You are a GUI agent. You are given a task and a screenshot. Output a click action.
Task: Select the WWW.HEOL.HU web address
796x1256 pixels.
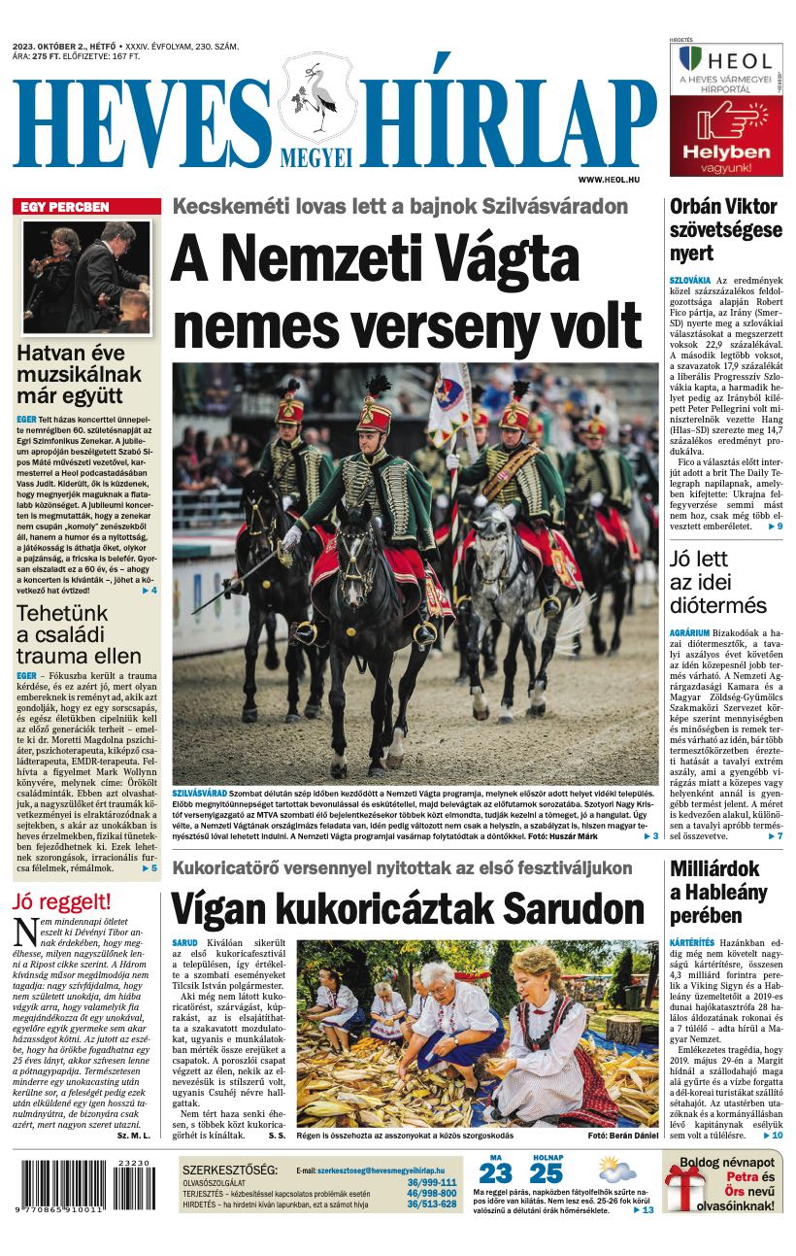[x=615, y=180]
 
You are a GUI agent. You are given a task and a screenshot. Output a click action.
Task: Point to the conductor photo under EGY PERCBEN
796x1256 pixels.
[x=87, y=278]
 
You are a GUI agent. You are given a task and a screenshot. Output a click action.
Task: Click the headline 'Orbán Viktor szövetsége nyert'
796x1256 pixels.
[x=724, y=230]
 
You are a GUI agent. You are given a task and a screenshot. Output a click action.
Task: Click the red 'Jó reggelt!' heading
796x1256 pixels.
[x=62, y=901]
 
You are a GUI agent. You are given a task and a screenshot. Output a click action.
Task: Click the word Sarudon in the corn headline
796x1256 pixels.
[x=571, y=909]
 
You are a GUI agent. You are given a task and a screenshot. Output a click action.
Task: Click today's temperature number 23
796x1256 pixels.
[x=495, y=1172]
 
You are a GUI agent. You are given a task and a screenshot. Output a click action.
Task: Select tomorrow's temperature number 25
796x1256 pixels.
[x=546, y=1172]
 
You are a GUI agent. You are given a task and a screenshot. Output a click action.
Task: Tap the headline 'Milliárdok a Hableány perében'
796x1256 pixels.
[x=717, y=892]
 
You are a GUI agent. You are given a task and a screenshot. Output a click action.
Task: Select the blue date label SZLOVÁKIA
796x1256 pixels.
[x=688, y=280]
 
